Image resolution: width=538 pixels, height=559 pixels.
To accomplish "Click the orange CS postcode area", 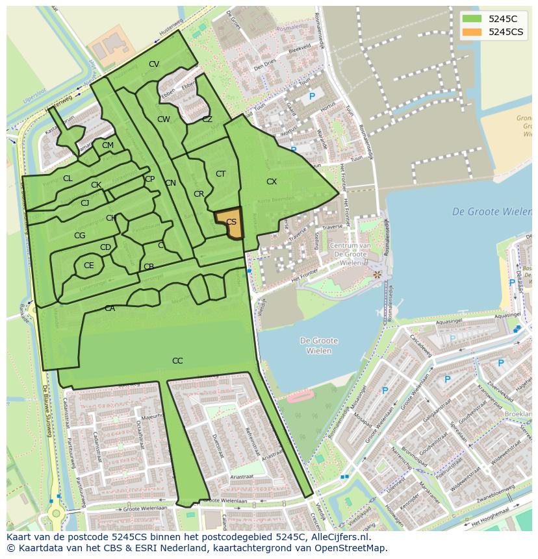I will (231, 223).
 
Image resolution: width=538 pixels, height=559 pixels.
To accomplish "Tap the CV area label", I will (154, 64).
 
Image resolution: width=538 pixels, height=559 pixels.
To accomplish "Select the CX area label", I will (272, 182).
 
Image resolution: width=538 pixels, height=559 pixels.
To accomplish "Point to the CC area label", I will (177, 361).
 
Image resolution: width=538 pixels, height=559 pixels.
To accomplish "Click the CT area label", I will (220, 173).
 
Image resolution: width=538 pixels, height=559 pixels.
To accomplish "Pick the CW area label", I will (164, 119).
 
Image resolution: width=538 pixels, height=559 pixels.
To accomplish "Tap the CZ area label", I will (207, 119).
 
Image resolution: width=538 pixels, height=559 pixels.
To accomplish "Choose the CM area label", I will (108, 145).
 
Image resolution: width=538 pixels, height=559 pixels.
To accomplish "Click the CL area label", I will (68, 179).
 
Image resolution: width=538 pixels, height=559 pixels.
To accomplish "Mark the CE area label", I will (89, 265).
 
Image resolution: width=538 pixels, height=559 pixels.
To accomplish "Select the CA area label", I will (110, 308).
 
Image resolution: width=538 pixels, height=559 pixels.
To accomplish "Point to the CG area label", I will (79, 236).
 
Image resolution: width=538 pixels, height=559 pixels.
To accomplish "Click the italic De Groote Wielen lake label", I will (491, 212).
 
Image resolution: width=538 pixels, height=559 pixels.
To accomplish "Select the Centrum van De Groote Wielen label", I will (350, 254).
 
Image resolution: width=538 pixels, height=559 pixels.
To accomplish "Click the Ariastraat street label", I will (241, 477).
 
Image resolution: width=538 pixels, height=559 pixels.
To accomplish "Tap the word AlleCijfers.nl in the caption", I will (339, 538).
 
